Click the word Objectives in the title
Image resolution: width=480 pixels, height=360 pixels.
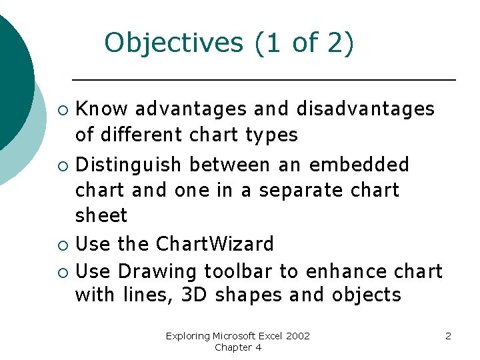click(x=175, y=43)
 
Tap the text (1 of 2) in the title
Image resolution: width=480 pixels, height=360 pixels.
click(x=304, y=43)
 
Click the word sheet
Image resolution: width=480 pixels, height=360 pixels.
click(x=101, y=216)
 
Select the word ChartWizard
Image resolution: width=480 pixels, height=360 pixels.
click(x=215, y=244)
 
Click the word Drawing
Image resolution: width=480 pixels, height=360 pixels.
click(x=157, y=271)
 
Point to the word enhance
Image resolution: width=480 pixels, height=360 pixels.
click(x=340, y=271)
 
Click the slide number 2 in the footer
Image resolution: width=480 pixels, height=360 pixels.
click(x=448, y=336)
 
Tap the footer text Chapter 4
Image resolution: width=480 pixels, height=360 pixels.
click(x=238, y=347)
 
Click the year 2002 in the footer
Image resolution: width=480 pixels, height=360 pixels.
click(x=297, y=336)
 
